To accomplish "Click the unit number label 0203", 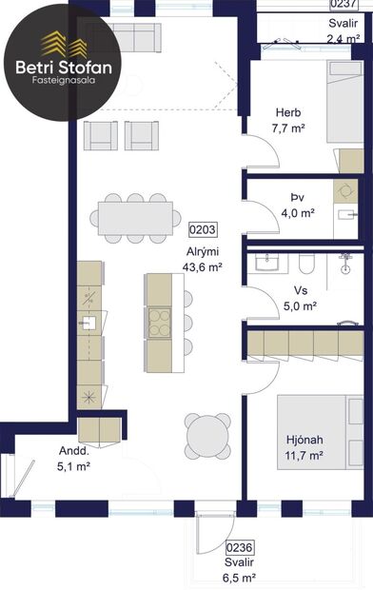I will (x=202, y=229).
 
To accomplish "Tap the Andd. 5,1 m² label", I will (x=47, y=460).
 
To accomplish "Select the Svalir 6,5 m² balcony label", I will (x=239, y=569).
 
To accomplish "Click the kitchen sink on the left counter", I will (x=88, y=323).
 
